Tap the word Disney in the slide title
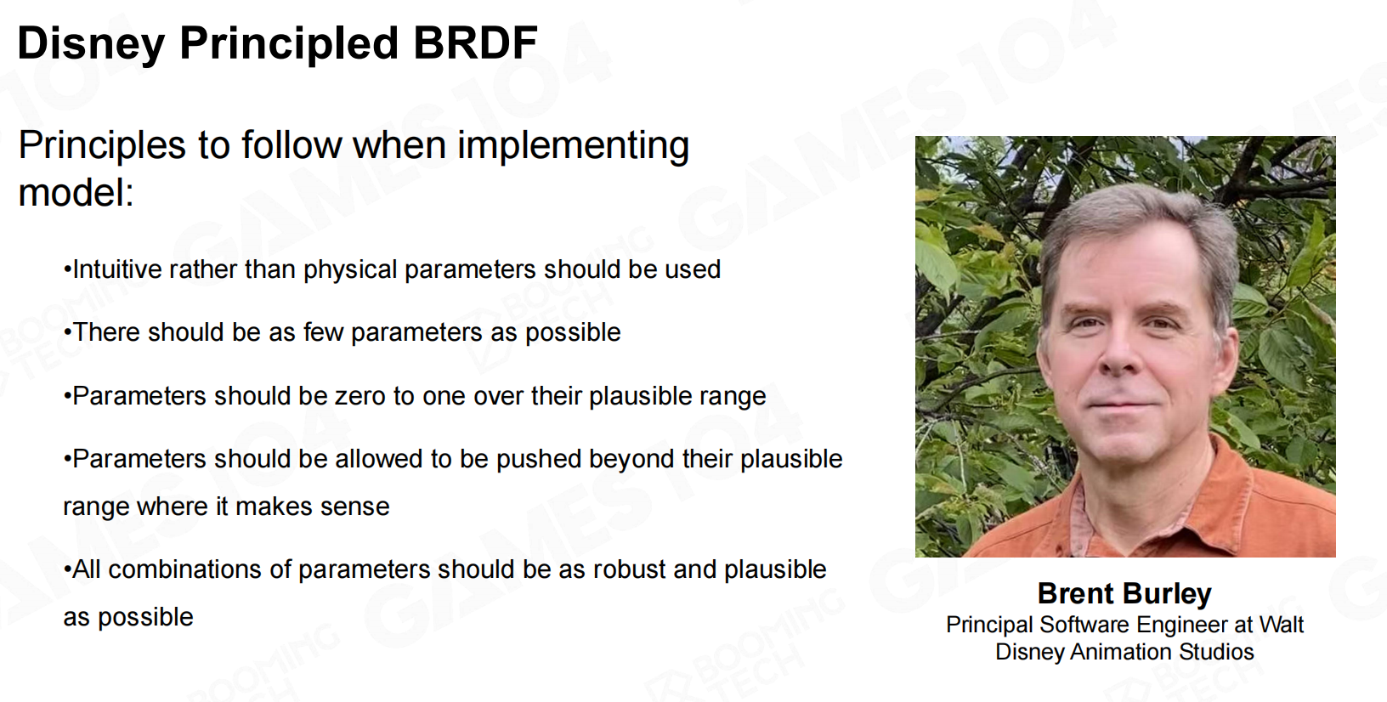[x=92, y=44]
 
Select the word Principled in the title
[x=289, y=44]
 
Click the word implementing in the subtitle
[x=573, y=147]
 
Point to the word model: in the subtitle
[x=76, y=193]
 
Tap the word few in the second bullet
[x=323, y=332]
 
